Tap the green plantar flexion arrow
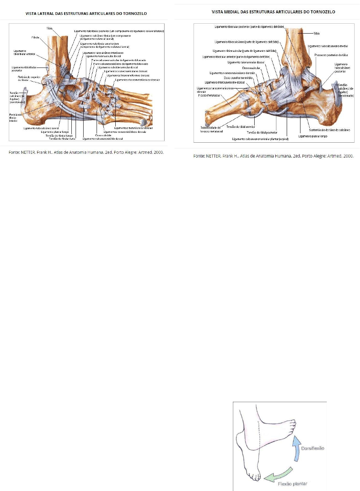[x=280, y=473]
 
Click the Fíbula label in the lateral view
[x=35, y=37]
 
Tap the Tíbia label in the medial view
[x=316, y=33]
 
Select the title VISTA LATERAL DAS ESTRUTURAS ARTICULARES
[x=86, y=13]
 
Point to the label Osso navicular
[x=251, y=68]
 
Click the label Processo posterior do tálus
[x=331, y=55]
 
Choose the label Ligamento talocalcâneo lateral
[x=41, y=128]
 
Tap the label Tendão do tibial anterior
[x=241, y=127]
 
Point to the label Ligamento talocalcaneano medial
[x=328, y=46]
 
